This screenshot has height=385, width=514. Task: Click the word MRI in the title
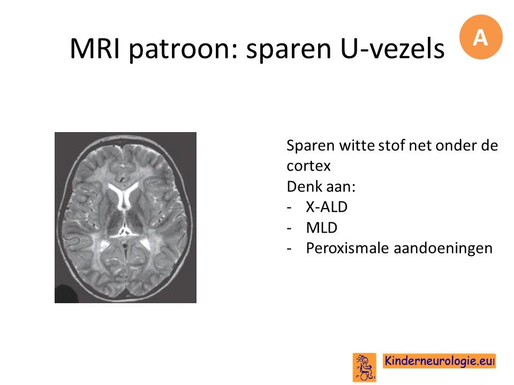pos(95,49)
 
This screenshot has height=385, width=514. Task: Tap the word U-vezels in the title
pos(392,49)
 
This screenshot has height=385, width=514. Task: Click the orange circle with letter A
pos(481,37)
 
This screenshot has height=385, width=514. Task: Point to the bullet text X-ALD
pos(327,207)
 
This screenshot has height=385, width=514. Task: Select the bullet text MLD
pos(322,228)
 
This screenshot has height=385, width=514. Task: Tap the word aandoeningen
pos(443,249)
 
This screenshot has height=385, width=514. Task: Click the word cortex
pos(308,166)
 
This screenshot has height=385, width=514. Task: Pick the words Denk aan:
pos(321,187)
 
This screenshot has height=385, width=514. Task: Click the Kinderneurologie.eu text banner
pos(439,361)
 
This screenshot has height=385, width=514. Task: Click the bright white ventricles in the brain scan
pos(124,194)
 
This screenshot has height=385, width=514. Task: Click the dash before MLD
pos(289,228)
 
